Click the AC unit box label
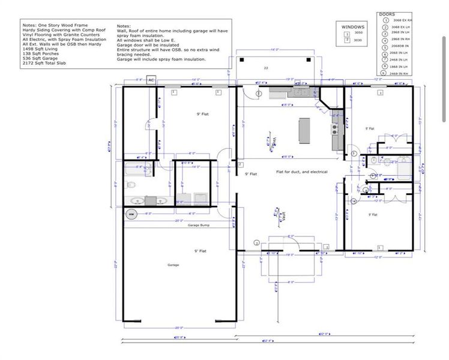[151, 80]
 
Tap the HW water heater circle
[130, 214]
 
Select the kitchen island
[304, 128]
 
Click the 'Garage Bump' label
[197, 226]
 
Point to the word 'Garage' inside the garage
[173, 265]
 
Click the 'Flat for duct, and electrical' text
[301, 172]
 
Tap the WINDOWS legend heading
[353, 27]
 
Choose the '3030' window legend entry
[358, 40]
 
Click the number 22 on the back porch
[265, 68]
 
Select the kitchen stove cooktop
[334, 127]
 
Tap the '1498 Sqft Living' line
[39, 49]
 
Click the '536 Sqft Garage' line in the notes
[39, 58]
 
